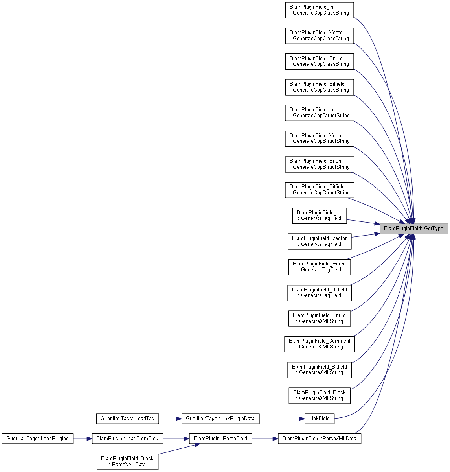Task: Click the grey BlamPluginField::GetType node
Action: point(413,229)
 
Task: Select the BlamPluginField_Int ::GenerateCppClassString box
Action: point(320,10)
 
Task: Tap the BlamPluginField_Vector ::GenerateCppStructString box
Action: point(320,138)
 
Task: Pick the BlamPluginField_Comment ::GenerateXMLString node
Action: point(320,344)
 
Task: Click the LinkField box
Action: point(320,419)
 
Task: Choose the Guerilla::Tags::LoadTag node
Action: point(127,419)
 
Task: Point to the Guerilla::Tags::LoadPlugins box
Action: point(38,439)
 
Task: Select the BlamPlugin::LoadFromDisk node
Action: point(127,439)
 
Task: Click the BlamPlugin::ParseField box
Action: point(220,439)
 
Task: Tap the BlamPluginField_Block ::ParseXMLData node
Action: point(127,461)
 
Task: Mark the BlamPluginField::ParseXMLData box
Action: point(320,439)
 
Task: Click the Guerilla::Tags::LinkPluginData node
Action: point(220,419)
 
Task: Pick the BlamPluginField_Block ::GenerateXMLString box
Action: point(320,395)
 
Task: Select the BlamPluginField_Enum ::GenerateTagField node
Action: point(320,267)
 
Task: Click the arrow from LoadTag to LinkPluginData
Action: point(170,419)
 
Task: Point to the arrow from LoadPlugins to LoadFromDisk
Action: point(83,439)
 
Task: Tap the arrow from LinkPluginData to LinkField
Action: point(282,419)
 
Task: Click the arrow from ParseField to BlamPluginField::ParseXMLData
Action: point(265,439)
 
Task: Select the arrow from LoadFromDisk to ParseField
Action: point(176,439)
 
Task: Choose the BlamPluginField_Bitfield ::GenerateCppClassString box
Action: point(320,87)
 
